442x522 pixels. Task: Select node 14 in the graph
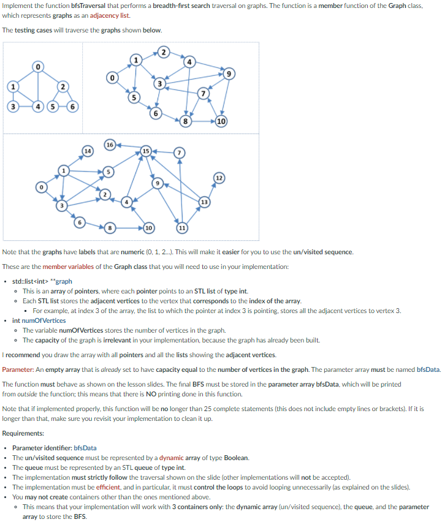coord(88,150)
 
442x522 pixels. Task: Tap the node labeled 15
coord(145,151)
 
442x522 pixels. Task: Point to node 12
coord(218,178)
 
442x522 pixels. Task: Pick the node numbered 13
coord(204,202)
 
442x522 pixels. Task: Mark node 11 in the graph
coord(181,229)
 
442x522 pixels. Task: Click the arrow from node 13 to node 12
coord(211,189)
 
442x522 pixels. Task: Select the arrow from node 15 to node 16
coord(128,147)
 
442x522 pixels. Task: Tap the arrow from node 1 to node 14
coord(75,160)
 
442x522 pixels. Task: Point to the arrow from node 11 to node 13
coord(192,216)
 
